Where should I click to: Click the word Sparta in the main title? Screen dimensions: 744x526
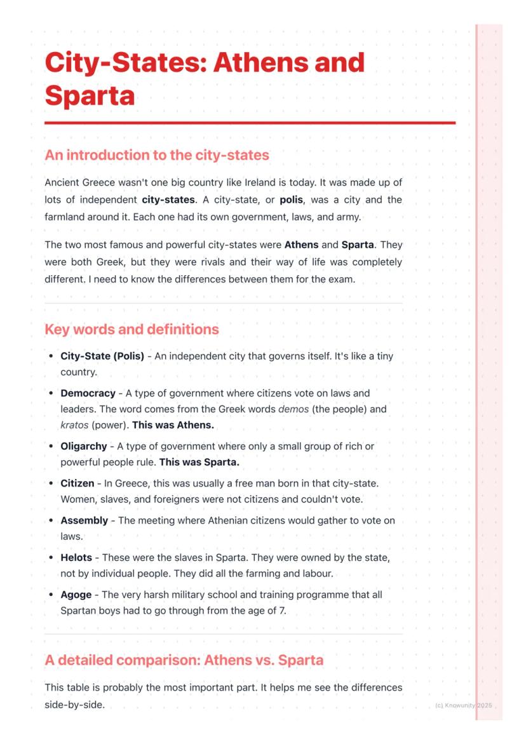(90, 95)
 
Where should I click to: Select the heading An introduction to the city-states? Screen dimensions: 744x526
(157, 155)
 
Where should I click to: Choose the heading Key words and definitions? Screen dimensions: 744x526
(131, 329)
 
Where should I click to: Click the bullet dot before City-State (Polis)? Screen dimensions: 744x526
(51, 356)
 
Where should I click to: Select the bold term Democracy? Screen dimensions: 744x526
(88, 393)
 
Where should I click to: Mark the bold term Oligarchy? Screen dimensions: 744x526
(84, 447)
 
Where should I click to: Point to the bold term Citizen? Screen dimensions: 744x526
(77, 484)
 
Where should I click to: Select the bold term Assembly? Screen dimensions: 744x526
(84, 520)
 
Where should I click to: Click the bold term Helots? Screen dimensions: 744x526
(76, 558)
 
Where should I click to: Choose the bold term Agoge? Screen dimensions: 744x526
(76, 595)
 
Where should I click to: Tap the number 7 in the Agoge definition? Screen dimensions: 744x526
(282, 611)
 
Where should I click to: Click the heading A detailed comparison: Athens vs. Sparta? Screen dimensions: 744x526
(184, 659)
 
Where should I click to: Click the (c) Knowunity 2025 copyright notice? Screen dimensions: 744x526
(464, 705)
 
